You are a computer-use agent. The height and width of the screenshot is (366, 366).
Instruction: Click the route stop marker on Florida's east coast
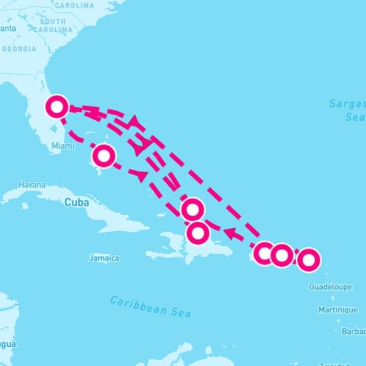point(56,106)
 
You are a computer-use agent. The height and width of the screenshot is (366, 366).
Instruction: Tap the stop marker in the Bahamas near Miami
point(104,156)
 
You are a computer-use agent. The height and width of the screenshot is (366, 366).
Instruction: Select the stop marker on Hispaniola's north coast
point(197,233)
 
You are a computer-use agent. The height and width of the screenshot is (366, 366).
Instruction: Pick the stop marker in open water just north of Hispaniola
point(193,209)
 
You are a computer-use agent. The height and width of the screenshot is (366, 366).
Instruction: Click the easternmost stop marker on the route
point(308,260)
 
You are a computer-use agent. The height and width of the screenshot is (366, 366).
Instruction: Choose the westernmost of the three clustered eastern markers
point(264,253)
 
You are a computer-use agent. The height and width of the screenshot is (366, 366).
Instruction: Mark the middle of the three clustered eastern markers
point(281,255)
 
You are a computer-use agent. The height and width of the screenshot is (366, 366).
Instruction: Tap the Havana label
point(33,185)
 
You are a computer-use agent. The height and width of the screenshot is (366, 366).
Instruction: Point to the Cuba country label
point(76,202)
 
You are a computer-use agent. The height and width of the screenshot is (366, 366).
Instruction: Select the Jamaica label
point(104,258)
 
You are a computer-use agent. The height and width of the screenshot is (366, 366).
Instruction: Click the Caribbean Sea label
point(150,307)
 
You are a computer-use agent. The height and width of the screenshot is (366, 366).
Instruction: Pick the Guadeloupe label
point(331,287)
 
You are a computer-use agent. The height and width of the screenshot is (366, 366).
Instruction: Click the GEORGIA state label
point(19,49)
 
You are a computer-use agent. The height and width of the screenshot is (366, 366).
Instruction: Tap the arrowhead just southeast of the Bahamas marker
point(140,175)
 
